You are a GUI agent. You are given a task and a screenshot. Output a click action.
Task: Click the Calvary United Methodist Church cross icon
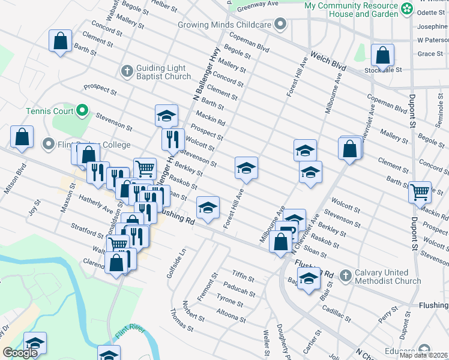tap(345, 276)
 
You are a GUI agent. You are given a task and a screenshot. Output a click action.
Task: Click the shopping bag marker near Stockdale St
tap(382, 56)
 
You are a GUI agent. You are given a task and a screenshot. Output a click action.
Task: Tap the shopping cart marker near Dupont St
tap(420, 192)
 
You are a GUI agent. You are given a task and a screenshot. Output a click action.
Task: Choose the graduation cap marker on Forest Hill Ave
tap(246, 169)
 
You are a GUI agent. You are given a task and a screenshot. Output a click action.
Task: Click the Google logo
tap(20, 353)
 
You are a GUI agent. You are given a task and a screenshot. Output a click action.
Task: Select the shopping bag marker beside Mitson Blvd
tap(22, 137)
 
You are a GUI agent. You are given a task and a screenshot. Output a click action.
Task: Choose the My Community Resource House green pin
tap(408, 8)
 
